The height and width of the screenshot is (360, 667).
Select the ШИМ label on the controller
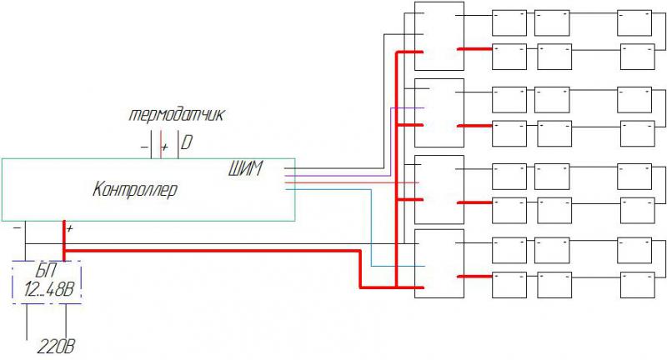244,170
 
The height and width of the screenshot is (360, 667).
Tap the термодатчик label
175,113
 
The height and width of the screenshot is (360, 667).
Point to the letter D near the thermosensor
186,143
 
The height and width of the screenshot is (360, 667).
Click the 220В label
61,346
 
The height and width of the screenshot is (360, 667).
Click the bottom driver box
439,262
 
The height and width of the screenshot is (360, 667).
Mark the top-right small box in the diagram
634,22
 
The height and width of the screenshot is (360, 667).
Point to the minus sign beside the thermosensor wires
144,147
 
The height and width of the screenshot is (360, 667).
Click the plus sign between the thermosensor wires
163,147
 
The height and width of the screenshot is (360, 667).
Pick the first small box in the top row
509,22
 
